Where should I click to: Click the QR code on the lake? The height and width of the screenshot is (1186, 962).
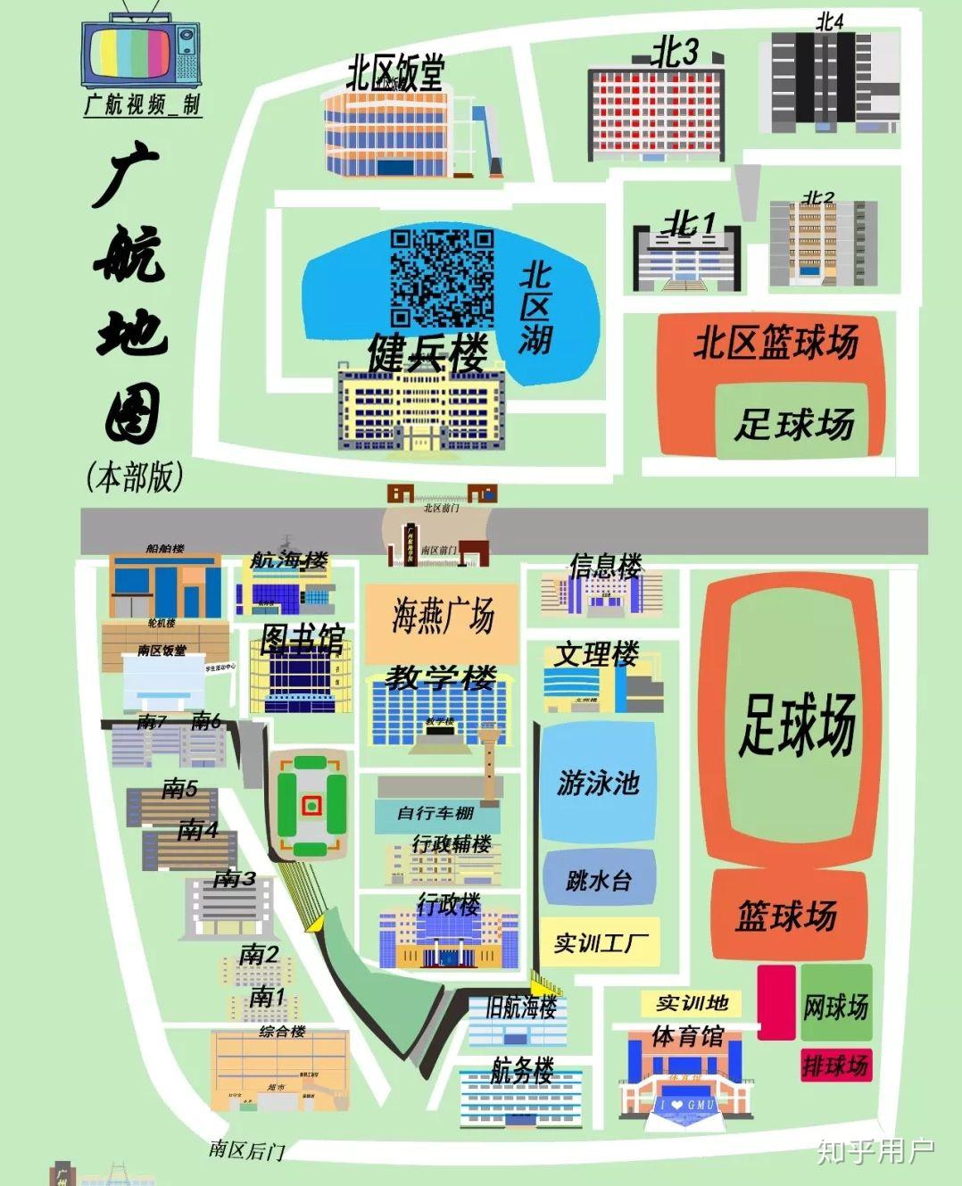pyautogui.click(x=442, y=278)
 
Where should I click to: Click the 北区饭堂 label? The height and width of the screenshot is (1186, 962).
pyautogui.click(x=394, y=72)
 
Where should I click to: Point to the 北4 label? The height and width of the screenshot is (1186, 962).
pyautogui.click(x=829, y=21)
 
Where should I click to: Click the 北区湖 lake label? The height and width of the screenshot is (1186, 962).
pyautogui.click(x=535, y=306)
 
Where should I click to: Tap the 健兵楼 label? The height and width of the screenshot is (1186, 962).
pyautogui.click(x=427, y=353)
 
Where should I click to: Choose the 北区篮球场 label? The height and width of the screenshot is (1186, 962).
pyautogui.click(x=775, y=343)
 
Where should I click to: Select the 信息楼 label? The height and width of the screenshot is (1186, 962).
pyautogui.click(x=606, y=566)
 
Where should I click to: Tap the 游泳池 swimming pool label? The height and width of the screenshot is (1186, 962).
pyautogui.click(x=598, y=783)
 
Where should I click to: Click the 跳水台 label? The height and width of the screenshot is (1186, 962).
pyautogui.click(x=599, y=881)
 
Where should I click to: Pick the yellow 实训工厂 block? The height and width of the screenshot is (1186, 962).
pyautogui.click(x=601, y=942)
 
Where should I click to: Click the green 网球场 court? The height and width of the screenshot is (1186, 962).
pyautogui.click(x=835, y=1006)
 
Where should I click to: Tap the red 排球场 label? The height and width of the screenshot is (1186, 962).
pyautogui.click(x=835, y=1065)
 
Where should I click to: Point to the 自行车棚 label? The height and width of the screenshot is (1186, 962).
pyautogui.click(x=435, y=813)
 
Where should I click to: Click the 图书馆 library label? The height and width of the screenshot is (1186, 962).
pyautogui.click(x=302, y=639)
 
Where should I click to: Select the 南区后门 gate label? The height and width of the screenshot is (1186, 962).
pyautogui.click(x=246, y=1149)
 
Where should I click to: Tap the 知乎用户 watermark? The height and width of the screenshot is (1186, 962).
pyautogui.click(x=875, y=1151)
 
